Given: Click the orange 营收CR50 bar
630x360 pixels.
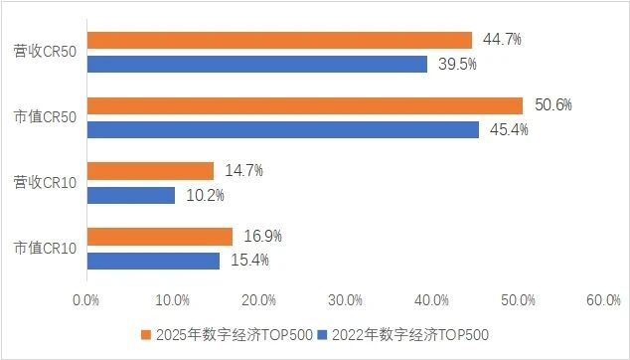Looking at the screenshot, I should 279,40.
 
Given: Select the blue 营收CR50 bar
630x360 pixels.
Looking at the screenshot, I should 257,64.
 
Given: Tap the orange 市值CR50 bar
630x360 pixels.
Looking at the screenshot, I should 305,105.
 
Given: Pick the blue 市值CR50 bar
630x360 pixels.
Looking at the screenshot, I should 283,129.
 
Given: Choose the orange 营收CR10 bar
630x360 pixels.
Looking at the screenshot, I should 151,171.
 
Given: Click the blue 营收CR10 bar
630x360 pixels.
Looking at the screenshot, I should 131,195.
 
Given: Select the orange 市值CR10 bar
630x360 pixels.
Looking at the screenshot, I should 160,237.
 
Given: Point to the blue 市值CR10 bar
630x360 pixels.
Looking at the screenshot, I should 154,261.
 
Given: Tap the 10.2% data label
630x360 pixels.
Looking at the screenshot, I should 205,195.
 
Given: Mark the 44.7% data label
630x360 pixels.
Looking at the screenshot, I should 502,40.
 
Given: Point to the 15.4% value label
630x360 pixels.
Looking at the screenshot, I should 249,261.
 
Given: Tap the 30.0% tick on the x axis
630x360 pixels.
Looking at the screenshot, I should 347,299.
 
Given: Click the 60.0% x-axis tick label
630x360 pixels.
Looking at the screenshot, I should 603,299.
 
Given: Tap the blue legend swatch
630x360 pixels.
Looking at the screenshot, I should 323,336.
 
